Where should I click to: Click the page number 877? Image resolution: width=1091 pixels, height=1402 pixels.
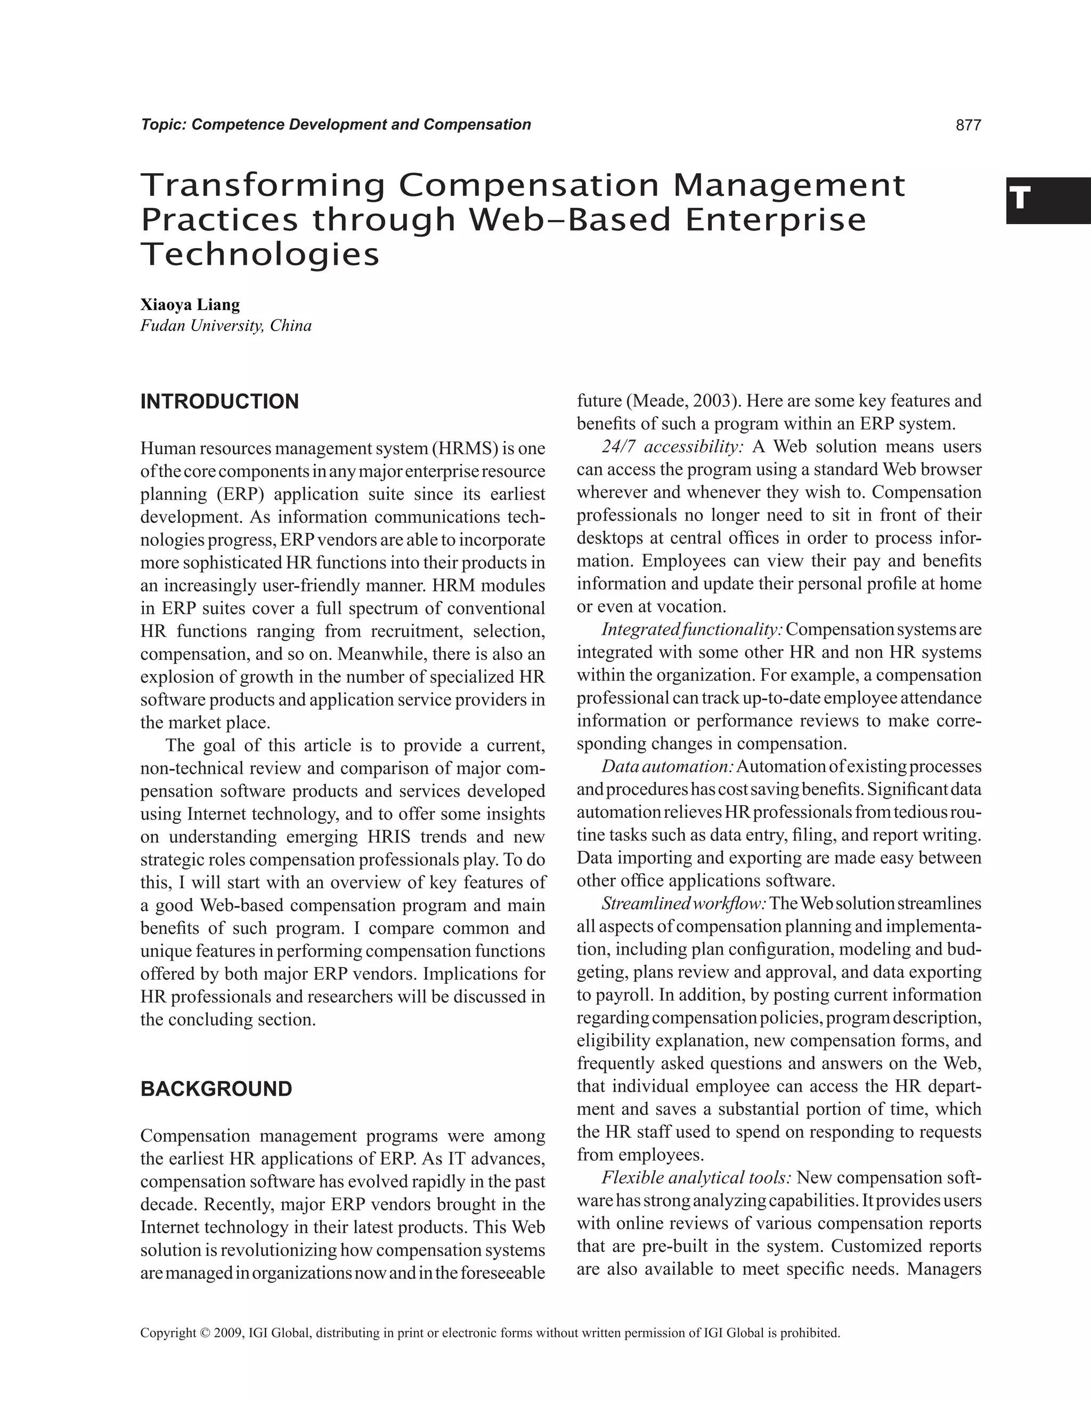pyautogui.click(x=968, y=125)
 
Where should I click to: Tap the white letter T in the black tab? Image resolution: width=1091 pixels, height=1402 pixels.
pyautogui.click(x=1019, y=199)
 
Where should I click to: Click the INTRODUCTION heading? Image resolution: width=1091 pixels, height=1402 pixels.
pyautogui.click(x=219, y=402)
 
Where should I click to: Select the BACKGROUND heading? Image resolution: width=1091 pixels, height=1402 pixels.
pyautogui.click(x=216, y=1089)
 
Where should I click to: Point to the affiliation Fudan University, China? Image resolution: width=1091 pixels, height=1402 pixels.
pyautogui.click(x=226, y=326)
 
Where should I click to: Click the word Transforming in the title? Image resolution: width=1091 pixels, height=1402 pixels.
pyautogui.click(x=263, y=186)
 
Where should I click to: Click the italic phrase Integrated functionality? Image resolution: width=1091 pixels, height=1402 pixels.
pyautogui.click(x=692, y=630)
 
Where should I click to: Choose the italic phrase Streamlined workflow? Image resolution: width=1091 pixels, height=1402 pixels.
pyautogui.click(x=684, y=904)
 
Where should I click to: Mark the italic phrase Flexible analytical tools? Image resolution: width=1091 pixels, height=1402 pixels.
pyautogui.click(x=696, y=1178)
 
